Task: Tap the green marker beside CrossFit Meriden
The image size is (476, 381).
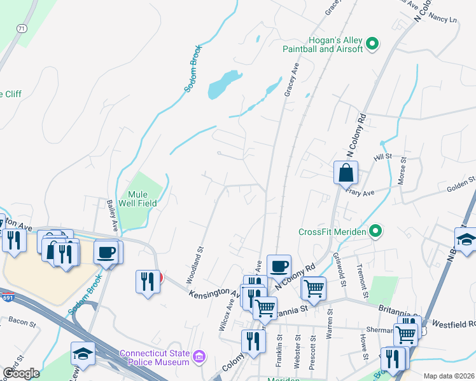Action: point(376,231)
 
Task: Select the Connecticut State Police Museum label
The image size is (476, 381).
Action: point(155,358)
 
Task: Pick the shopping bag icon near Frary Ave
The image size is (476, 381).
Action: point(346,172)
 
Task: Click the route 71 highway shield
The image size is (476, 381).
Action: point(22,29)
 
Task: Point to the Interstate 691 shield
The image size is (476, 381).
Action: point(8,298)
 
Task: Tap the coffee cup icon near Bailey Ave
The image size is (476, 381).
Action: point(106,253)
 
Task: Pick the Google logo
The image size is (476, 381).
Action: point(21,373)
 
